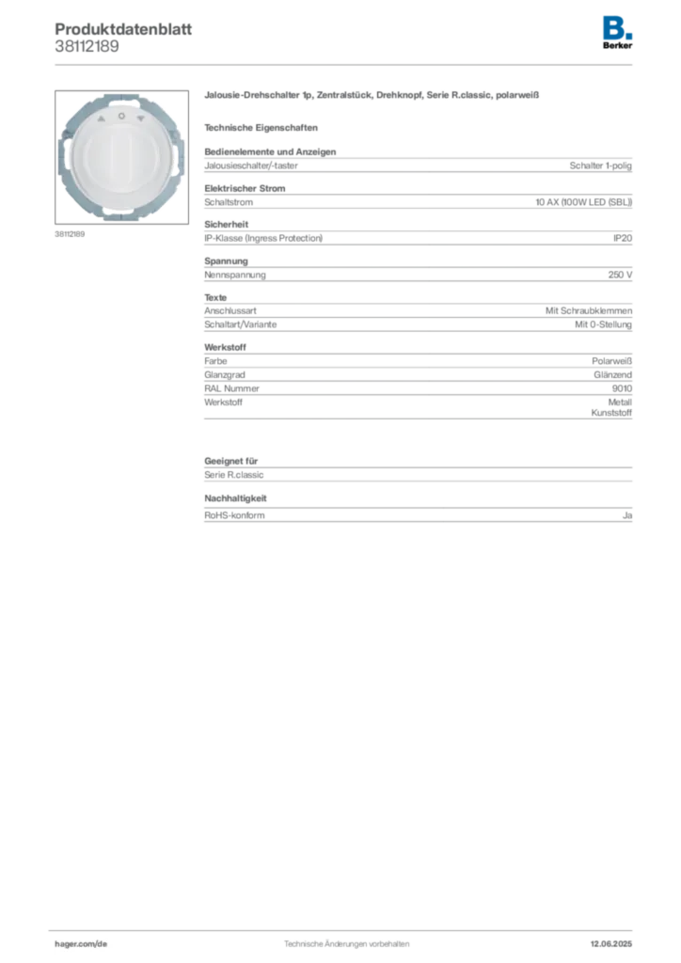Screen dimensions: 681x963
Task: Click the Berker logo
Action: (x=617, y=33)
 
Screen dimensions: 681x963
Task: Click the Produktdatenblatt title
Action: (x=123, y=29)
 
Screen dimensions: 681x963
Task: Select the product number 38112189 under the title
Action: (x=87, y=47)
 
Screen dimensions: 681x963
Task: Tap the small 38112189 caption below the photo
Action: (x=70, y=234)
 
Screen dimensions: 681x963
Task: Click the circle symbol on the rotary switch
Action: (x=121, y=116)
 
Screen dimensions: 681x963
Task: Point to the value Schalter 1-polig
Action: (x=600, y=166)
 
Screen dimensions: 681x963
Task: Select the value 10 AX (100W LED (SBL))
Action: (x=583, y=202)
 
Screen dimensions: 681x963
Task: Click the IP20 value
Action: (x=623, y=238)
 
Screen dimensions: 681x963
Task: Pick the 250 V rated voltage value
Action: (x=620, y=275)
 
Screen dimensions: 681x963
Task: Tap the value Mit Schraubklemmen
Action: (x=589, y=310)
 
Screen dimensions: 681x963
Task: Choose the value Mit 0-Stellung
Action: (x=603, y=324)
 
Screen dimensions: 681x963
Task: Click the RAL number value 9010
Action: (x=622, y=388)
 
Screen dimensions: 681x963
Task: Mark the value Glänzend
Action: (x=613, y=374)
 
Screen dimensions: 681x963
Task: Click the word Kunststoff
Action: (x=611, y=413)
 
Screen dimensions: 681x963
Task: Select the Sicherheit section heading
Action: (x=227, y=225)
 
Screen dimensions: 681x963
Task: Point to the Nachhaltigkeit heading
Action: (x=236, y=498)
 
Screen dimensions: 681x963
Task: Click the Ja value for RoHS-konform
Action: (x=627, y=515)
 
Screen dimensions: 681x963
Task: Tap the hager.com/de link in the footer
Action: (x=81, y=944)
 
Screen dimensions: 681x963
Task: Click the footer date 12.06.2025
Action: (x=611, y=944)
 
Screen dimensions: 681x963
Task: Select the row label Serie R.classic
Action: (x=234, y=475)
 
